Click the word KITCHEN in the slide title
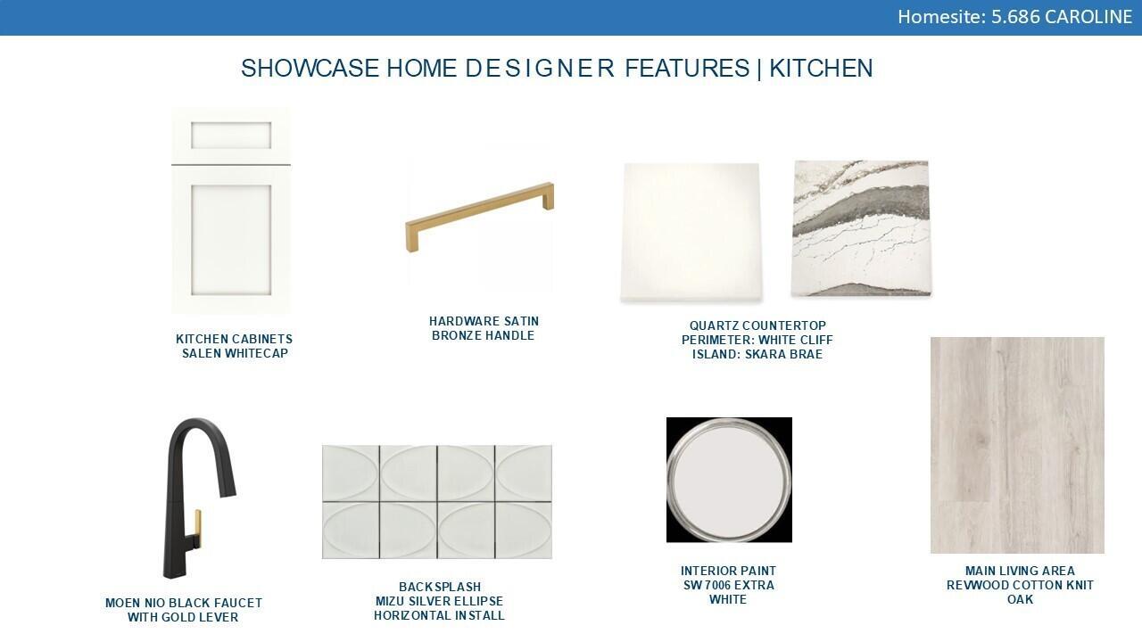point(821,69)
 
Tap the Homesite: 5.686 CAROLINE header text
point(1014,17)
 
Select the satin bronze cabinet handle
point(480,217)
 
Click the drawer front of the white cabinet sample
point(231,136)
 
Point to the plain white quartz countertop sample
point(691,231)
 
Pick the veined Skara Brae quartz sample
point(861,228)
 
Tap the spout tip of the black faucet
point(228,491)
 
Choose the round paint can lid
point(729,480)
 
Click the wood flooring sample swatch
point(1017,445)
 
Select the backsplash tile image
point(437,502)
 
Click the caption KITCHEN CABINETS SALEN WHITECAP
point(234,346)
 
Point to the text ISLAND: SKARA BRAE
point(757,354)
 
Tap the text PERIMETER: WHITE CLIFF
point(757,340)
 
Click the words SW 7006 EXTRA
point(729,585)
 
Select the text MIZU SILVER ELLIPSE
point(439,601)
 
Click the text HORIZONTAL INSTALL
point(439,615)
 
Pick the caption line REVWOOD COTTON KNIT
point(1020,585)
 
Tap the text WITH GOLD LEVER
point(183,617)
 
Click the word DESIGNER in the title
point(540,69)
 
